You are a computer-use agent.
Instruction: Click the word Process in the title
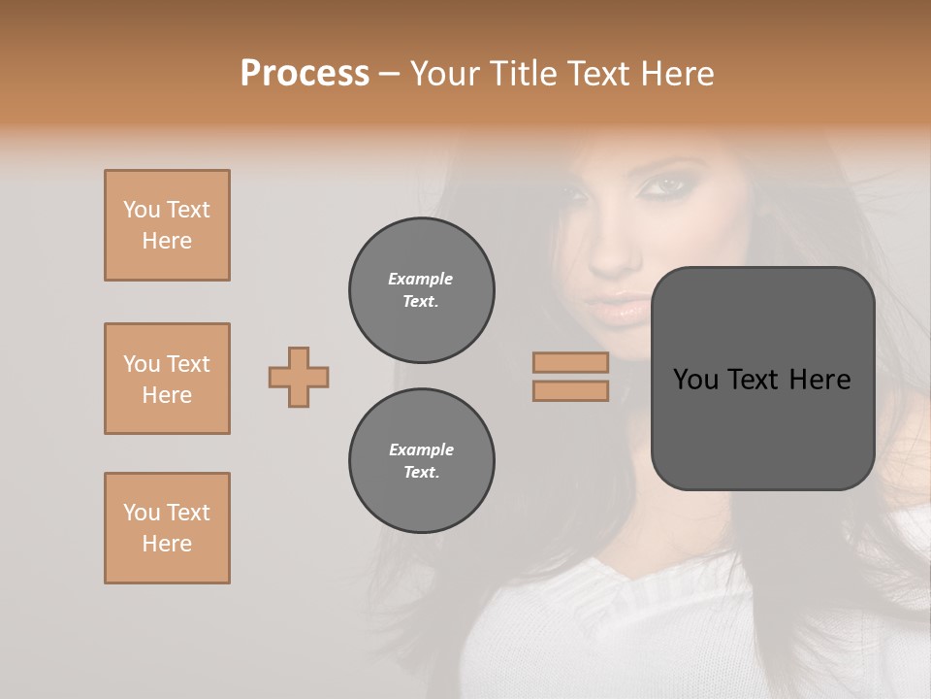pos(305,73)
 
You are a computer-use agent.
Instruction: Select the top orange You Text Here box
pos(167,225)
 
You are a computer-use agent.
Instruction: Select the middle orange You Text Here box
pos(167,379)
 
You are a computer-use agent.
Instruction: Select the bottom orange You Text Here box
pos(167,528)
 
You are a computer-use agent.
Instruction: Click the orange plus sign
pos(299,377)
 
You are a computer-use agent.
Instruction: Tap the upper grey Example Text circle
pos(421,290)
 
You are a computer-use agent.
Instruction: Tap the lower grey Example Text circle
pos(421,461)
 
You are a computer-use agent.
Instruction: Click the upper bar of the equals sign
pos(570,363)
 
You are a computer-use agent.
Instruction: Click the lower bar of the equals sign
pos(570,390)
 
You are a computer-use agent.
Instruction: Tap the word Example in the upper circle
pos(420,279)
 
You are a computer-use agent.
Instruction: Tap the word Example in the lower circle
pos(421,449)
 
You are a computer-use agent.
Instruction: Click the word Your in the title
pos(443,73)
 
